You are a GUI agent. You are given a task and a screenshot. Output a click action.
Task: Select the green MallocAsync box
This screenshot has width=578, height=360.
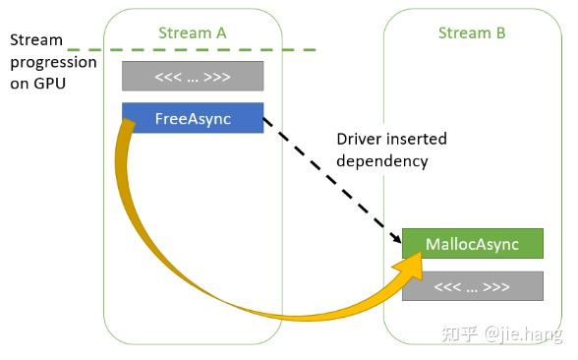(x=472, y=243)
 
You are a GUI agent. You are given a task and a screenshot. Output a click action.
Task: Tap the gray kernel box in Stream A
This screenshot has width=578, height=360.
(x=193, y=76)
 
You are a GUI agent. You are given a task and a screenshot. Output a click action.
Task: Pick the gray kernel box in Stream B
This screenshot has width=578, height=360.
(x=472, y=286)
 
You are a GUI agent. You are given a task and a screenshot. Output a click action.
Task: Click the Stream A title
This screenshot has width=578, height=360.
(x=193, y=32)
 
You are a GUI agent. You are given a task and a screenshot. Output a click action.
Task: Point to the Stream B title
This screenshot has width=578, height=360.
(x=472, y=32)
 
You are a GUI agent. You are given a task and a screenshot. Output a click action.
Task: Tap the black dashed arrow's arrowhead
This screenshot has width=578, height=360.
(x=399, y=238)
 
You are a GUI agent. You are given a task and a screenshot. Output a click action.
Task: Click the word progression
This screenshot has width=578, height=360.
(x=53, y=61)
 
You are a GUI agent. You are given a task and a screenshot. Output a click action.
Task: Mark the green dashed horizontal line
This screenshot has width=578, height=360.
(x=197, y=48)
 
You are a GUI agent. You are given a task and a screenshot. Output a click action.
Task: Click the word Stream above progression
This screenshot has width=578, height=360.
(x=36, y=40)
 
